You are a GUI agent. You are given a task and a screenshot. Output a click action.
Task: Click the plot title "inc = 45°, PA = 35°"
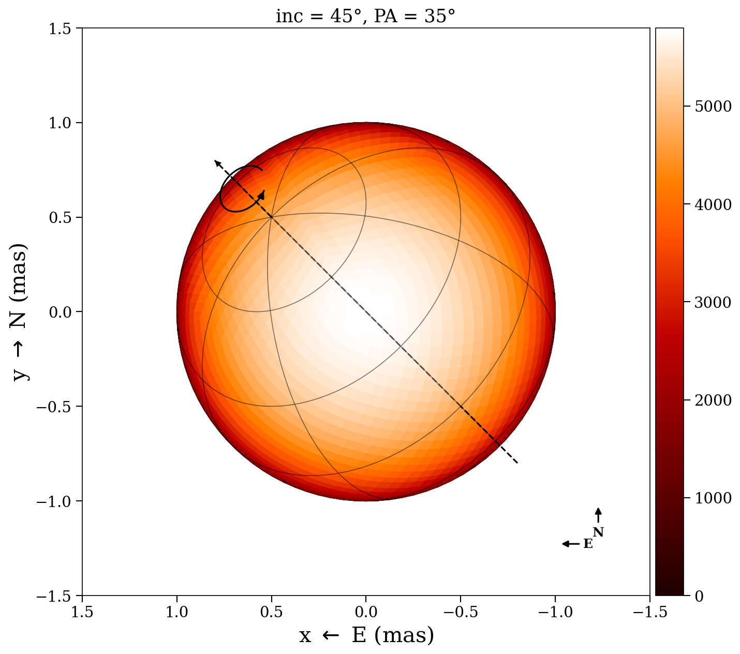tap(365, 16)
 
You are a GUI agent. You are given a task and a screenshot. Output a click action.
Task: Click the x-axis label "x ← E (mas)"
tap(366, 635)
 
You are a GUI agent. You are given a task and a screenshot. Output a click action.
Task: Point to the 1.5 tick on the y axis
tap(63, 28)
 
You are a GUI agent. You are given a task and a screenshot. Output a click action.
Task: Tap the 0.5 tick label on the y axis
tap(63, 217)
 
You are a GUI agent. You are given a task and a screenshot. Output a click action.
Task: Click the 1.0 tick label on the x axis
tap(177, 612)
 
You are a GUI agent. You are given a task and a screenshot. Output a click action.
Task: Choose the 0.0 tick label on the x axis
tap(366, 612)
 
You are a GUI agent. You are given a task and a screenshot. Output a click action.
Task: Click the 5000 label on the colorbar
tap(713, 107)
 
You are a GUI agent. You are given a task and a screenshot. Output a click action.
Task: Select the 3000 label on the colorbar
tap(713, 302)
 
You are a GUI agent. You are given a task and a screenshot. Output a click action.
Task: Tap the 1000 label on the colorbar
tap(713, 498)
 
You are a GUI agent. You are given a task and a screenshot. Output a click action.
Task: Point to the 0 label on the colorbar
tap(699, 597)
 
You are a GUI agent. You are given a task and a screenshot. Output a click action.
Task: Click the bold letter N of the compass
tap(598, 532)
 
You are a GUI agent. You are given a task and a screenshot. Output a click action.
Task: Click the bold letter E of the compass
tap(588, 544)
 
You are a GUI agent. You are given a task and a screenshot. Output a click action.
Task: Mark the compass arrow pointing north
tap(598, 515)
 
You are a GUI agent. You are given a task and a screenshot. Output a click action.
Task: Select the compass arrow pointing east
tap(570, 544)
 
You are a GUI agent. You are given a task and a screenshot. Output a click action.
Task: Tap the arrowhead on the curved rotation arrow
tap(262, 195)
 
